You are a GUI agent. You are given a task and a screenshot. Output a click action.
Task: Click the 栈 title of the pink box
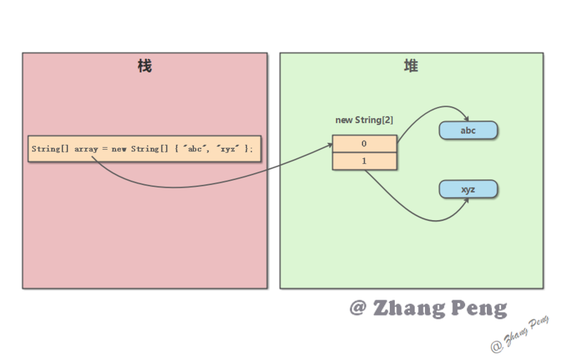(x=145, y=67)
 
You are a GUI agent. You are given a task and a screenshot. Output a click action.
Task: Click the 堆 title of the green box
(x=411, y=67)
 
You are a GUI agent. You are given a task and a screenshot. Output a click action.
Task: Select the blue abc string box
(x=469, y=130)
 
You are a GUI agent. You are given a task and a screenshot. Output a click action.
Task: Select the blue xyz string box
(x=469, y=190)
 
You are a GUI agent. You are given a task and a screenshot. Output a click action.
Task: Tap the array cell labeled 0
(x=364, y=143)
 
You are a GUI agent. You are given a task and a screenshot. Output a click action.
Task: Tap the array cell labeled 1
(x=364, y=161)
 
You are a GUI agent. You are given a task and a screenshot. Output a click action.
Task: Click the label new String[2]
(x=364, y=120)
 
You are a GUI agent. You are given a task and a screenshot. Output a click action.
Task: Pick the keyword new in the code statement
(x=118, y=149)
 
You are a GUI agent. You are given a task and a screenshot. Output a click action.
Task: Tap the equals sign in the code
(x=105, y=149)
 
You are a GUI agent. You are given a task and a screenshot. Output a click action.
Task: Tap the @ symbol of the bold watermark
(x=358, y=309)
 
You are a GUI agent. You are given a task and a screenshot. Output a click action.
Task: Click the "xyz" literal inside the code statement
(x=227, y=149)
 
